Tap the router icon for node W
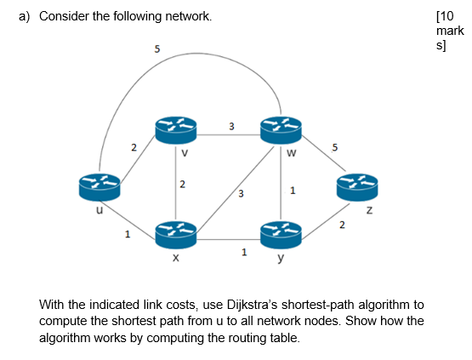tap(281, 130)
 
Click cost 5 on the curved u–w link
tap(156, 49)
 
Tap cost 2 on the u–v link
tap(133, 148)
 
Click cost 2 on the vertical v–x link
tap(181, 185)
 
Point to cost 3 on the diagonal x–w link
tap(241, 195)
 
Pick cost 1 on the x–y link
tap(244, 252)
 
